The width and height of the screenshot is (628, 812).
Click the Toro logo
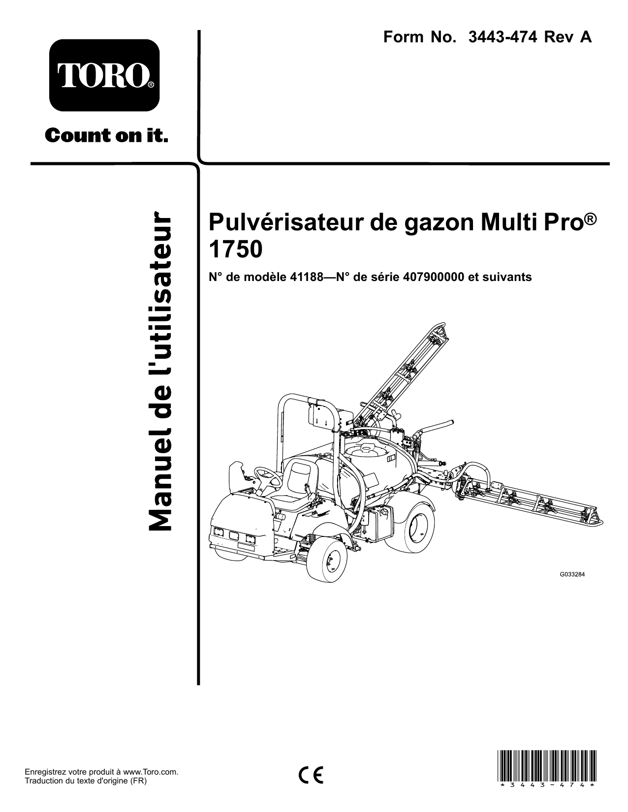[104, 75]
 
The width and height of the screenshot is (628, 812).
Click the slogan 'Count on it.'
[106, 135]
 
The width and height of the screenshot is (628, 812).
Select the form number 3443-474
[502, 37]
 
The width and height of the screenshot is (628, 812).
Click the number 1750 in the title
[235, 250]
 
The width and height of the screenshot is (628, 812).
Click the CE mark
[311, 775]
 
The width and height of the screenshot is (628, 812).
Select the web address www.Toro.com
[151, 772]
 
